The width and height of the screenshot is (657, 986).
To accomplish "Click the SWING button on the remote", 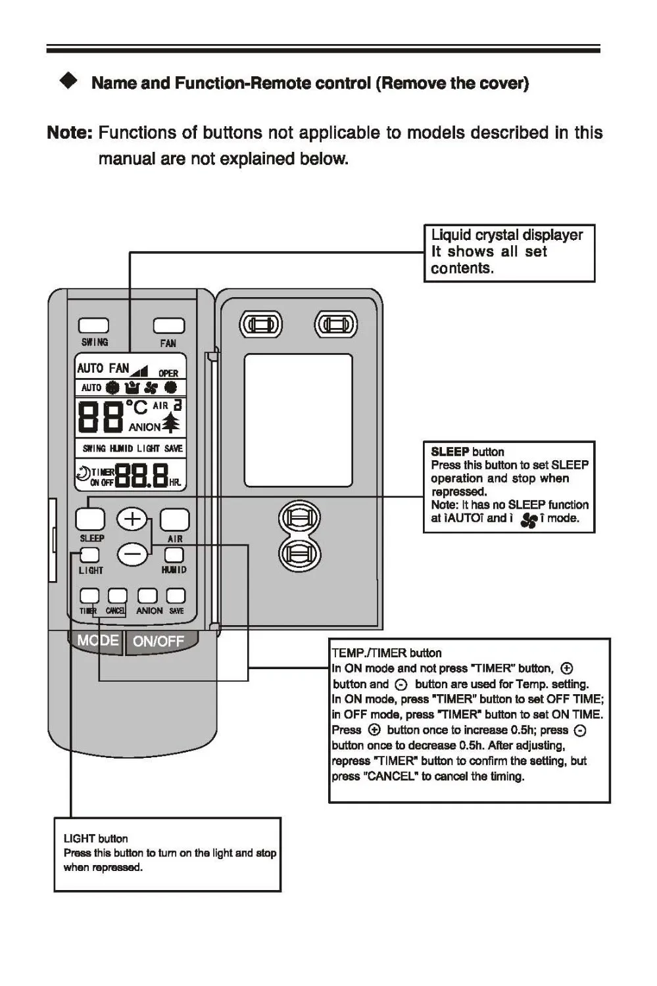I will [x=93, y=325].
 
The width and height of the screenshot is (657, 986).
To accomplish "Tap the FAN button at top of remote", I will [x=169, y=325].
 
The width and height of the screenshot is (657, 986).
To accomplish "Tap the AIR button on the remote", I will [x=174, y=519].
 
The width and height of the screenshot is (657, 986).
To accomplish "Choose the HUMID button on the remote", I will [x=174, y=555].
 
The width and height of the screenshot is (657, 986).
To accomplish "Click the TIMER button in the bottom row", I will [x=89, y=596].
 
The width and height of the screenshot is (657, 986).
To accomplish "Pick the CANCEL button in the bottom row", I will [x=117, y=596].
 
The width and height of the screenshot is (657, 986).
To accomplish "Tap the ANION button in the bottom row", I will [x=147, y=596].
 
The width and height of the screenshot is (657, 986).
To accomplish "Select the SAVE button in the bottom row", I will [x=176, y=596].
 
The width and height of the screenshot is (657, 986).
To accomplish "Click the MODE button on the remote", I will [x=97, y=640].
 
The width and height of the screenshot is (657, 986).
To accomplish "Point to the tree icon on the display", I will [x=171, y=422].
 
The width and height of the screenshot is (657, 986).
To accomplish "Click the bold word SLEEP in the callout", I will [x=450, y=452].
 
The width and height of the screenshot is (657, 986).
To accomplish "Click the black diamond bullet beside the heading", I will [x=68, y=80].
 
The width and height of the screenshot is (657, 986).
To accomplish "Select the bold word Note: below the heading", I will [x=69, y=133].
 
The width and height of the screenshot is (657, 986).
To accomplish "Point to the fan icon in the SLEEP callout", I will [x=529, y=520].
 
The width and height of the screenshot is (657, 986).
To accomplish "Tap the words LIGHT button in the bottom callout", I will [x=96, y=838].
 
